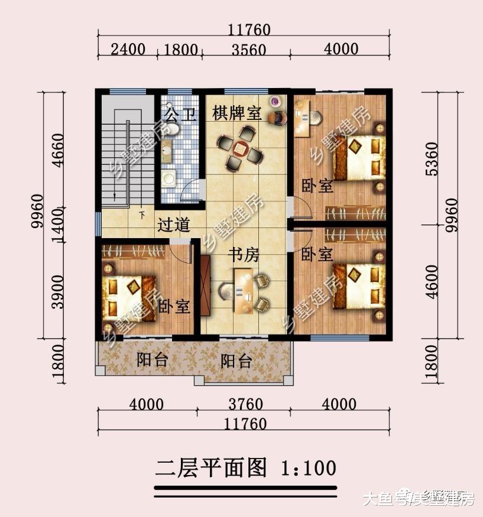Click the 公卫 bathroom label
coord(180,114)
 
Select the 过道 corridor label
coord(174,225)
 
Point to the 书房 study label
coord(244,255)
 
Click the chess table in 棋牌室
coord(239,149)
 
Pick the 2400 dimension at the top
coord(128,49)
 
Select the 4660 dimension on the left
coord(57,151)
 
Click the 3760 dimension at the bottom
coord(244,405)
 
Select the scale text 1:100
coord(307,467)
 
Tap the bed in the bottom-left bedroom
coord(131,299)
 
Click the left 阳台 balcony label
coord(152,359)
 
